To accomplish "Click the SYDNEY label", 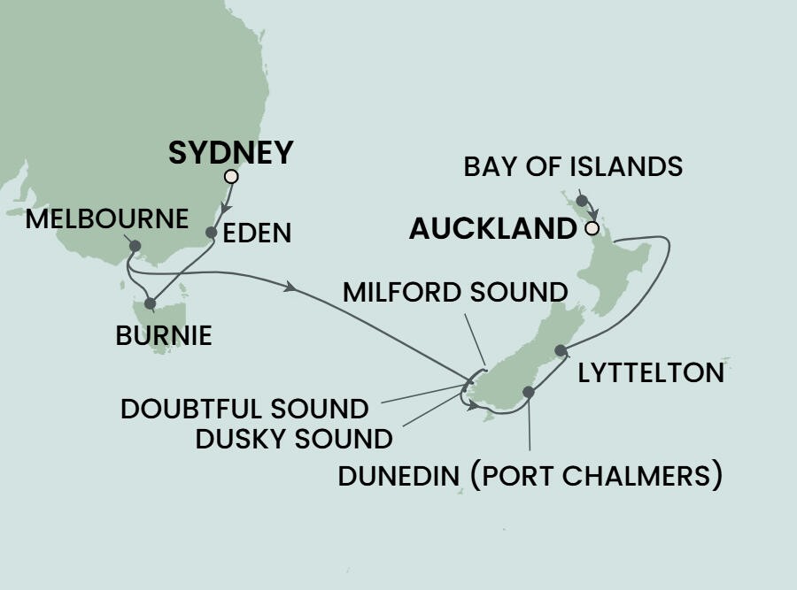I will (x=230, y=153).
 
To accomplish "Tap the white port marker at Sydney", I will (x=231, y=177).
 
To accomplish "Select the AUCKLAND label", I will (x=492, y=230).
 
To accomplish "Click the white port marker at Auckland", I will (x=592, y=229).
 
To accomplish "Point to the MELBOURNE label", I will (x=106, y=218).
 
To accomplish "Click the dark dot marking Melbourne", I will (x=135, y=246).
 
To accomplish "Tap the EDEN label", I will (x=258, y=234).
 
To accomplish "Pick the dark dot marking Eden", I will (x=211, y=233).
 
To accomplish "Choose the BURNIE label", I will (x=164, y=336).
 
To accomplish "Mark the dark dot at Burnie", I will (x=150, y=303).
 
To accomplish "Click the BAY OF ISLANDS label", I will (x=573, y=166).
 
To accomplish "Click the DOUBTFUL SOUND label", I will (x=244, y=409).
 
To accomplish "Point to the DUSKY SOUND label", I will (x=293, y=438).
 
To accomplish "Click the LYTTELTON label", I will (x=651, y=373).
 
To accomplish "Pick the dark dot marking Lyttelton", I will (x=560, y=351).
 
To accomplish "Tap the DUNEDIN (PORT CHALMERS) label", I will (x=530, y=477).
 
